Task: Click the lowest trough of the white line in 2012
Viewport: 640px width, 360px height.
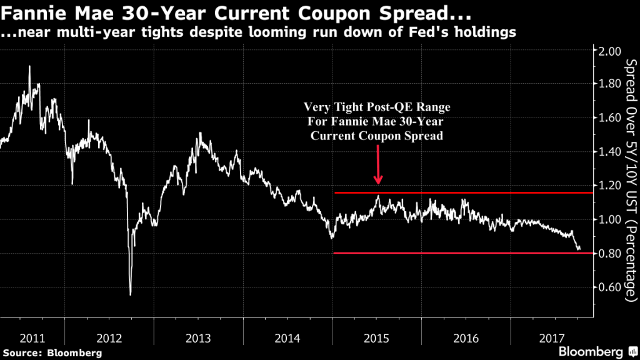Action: pyautogui.click(x=131, y=294)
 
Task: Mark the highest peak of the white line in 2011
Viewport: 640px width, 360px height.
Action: pyautogui.click(x=29, y=66)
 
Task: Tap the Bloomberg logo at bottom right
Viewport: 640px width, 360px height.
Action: pyautogui.click(x=597, y=349)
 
